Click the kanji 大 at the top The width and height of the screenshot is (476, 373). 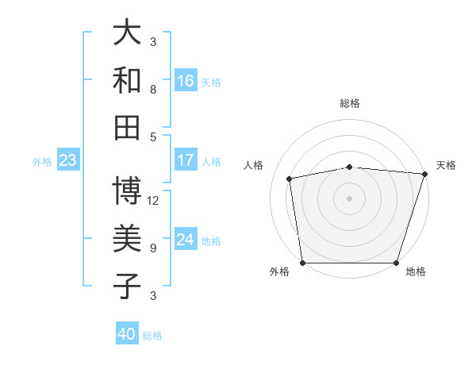(128, 33)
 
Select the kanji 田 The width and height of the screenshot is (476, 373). (128, 126)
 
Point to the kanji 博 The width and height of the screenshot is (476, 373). (128, 190)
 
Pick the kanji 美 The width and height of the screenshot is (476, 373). (128, 238)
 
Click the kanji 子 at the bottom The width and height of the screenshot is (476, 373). (128, 286)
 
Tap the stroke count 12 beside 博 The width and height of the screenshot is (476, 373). (153, 200)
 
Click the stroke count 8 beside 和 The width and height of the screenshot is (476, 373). (153, 89)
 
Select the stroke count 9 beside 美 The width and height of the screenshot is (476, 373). (153, 248)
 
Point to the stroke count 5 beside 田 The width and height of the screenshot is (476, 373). (153, 137)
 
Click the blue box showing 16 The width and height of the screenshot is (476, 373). (186, 81)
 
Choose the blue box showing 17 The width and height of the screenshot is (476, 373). (186, 160)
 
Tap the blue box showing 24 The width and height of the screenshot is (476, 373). (186, 240)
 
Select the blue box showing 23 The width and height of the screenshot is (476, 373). (67, 161)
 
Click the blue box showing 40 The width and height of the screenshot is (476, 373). (127, 334)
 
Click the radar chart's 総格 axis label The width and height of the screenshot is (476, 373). (349, 103)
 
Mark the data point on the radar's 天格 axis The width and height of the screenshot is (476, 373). (424, 174)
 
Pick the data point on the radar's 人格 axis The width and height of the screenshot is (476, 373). (290, 179)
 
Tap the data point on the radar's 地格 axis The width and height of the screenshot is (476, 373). (396, 263)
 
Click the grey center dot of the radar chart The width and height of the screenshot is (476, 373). (349, 198)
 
